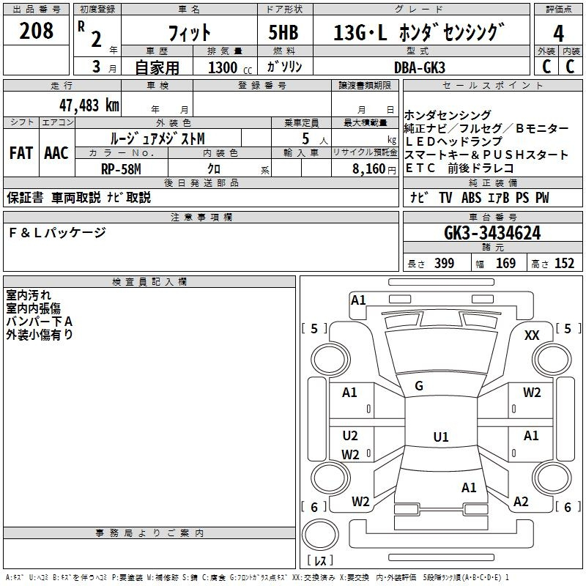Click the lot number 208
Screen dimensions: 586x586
[37, 31]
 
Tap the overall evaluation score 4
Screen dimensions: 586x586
[558, 34]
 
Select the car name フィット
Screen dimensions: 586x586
[190, 33]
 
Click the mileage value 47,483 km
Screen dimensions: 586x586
[86, 105]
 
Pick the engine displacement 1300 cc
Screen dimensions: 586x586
[223, 67]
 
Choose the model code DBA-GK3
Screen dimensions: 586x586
[419, 67]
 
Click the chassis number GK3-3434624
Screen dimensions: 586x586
[492, 234]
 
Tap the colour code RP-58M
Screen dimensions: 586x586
[121, 169]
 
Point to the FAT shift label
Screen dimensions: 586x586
[21, 154]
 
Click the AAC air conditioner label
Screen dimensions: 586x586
[56, 154]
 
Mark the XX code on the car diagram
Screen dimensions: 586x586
[533, 335]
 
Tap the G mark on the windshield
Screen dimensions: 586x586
[419, 386]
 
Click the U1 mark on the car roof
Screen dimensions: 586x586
[440, 437]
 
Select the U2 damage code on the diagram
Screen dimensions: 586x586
[350, 436]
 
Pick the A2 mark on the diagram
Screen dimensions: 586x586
[521, 502]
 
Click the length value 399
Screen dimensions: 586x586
[444, 264]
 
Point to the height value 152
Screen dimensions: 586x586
[564, 264]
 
